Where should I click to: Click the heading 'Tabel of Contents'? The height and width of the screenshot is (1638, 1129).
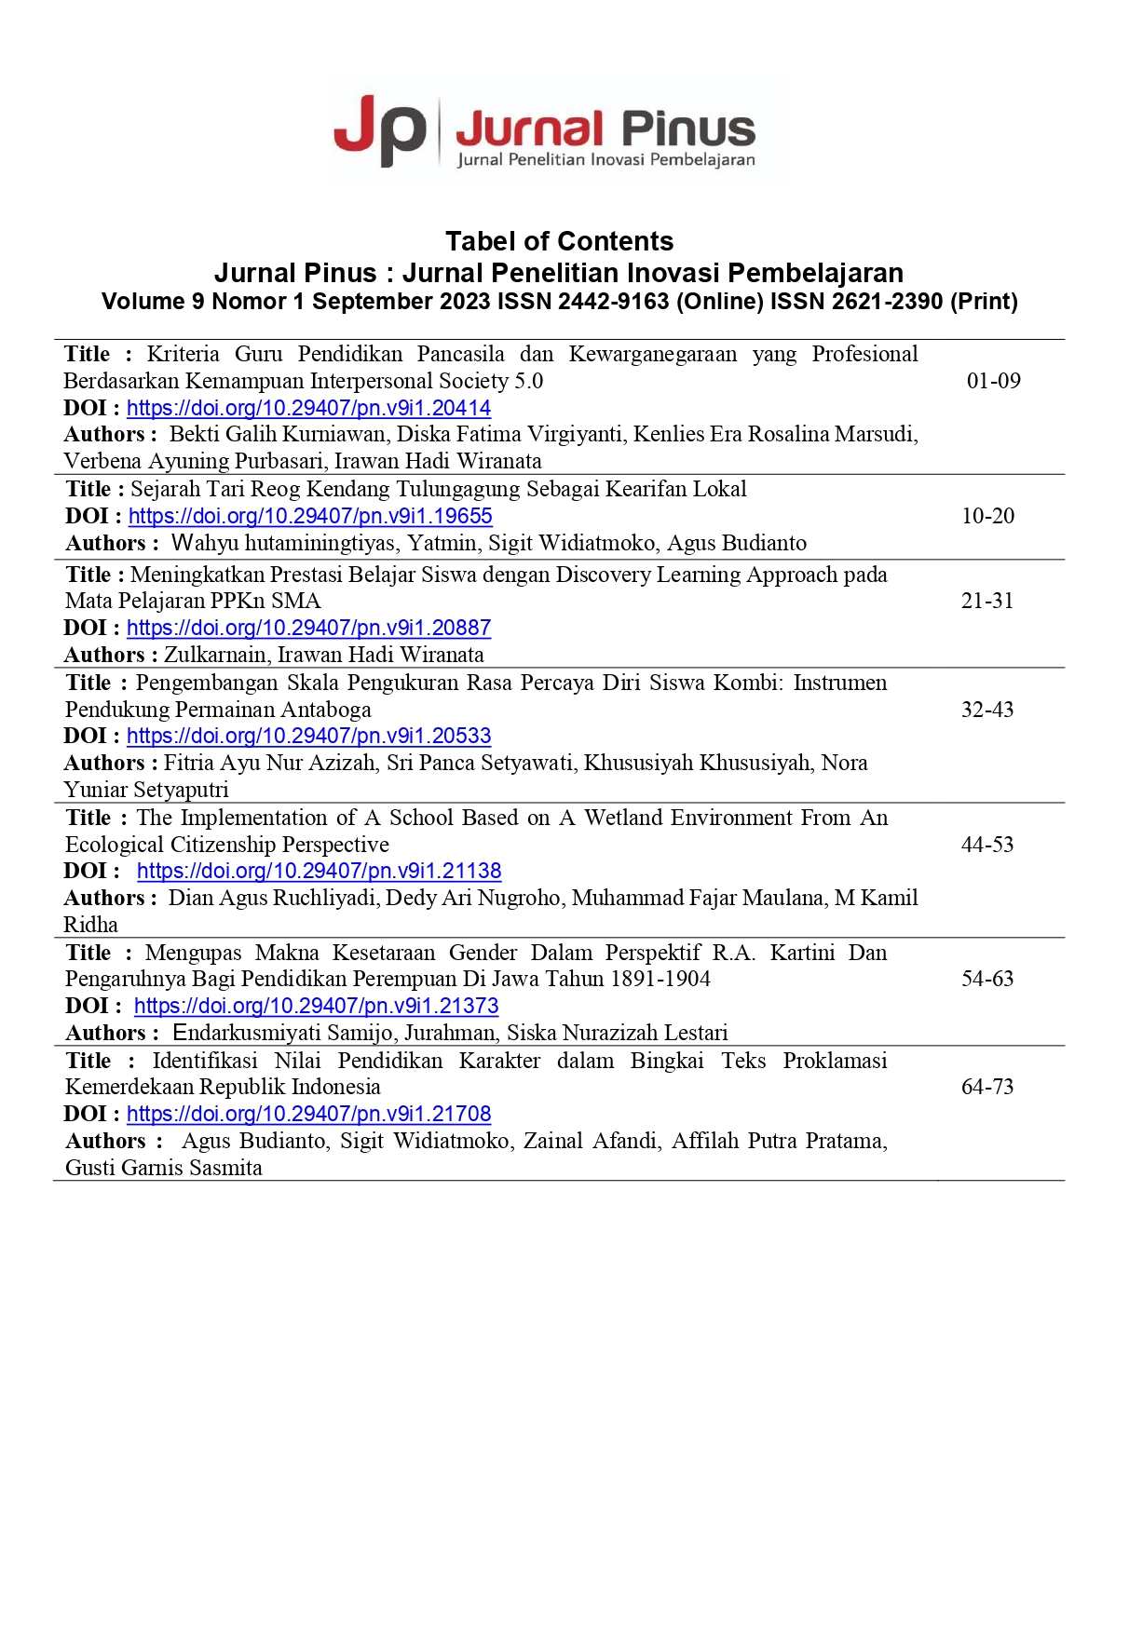click(x=559, y=241)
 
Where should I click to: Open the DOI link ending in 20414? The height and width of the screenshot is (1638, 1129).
click(x=308, y=408)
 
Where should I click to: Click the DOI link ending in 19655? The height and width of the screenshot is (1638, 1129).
click(x=310, y=516)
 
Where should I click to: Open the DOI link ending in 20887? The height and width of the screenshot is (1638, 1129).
click(x=308, y=628)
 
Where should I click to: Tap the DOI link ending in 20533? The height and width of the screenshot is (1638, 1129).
click(x=308, y=736)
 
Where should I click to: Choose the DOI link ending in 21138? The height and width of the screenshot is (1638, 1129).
click(x=319, y=871)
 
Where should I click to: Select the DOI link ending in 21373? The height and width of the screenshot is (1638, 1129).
click(x=316, y=1006)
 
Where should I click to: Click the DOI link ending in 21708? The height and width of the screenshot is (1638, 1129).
click(x=308, y=1114)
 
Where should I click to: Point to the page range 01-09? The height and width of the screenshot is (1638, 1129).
click(x=993, y=381)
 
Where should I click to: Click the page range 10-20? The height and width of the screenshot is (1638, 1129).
click(x=987, y=516)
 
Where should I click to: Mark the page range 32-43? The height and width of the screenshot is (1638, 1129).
click(x=987, y=710)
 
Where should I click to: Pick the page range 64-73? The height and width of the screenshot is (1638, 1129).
click(x=987, y=1087)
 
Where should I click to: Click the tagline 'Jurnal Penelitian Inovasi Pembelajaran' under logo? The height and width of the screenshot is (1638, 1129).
click(x=605, y=160)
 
